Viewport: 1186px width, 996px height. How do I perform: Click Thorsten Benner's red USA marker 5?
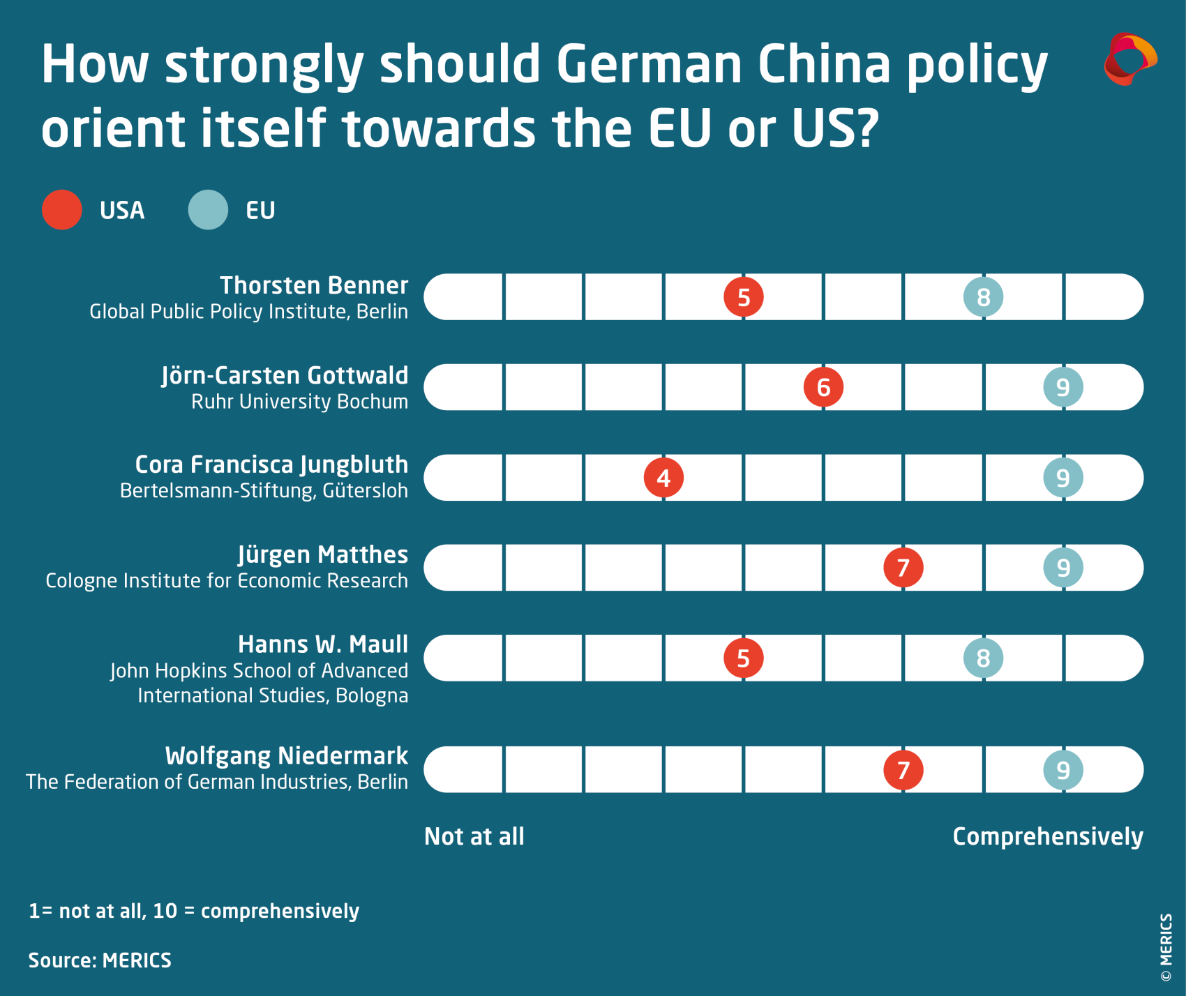tap(744, 297)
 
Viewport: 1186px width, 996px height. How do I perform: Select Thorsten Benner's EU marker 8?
tap(983, 297)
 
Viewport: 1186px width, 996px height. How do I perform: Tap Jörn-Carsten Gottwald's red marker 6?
tap(823, 387)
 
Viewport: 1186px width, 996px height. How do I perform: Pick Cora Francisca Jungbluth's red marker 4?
tap(663, 478)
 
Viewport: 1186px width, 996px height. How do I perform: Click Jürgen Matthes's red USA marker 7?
tap(903, 568)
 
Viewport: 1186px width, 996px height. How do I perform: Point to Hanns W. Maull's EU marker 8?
tap(983, 658)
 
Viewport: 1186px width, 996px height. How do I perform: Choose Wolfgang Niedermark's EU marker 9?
tap(1063, 770)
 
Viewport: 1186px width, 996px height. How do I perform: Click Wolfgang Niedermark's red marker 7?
tap(903, 770)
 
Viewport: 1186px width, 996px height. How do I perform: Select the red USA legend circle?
tap(62, 210)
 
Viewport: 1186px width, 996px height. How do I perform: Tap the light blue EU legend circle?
tap(208, 210)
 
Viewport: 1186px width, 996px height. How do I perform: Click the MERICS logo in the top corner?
tap(1130, 59)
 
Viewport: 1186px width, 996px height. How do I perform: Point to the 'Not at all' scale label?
tap(474, 836)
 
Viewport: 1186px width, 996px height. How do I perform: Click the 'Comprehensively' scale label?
tap(1048, 836)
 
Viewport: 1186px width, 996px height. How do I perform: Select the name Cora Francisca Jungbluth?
tap(271, 465)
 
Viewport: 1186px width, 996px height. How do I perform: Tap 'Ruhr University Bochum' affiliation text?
tap(299, 402)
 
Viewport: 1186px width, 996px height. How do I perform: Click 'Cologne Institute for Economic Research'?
tap(227, 581)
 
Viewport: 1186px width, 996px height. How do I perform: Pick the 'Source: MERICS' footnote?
tap(100, 960)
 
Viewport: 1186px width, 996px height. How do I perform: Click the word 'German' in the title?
tap(649, 64)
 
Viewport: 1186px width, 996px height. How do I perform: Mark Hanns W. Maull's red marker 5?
tap(744, 658)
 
